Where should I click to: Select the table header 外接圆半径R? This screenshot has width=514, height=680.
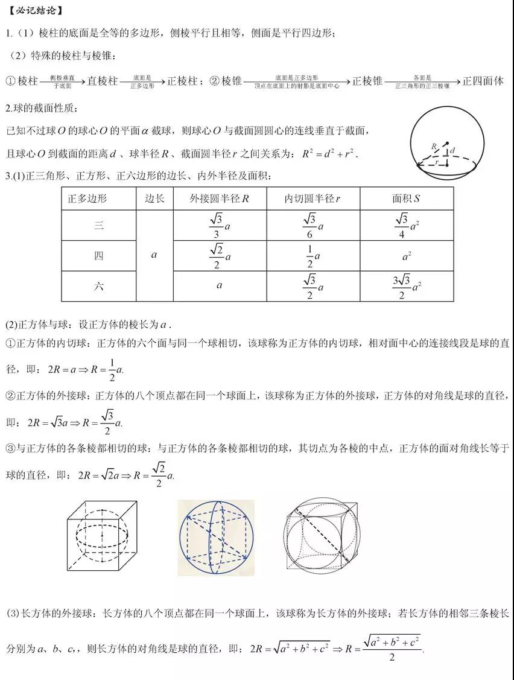[219, 198]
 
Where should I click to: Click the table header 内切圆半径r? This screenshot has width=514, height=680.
[313, 198]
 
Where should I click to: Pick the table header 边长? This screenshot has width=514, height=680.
[154, 198]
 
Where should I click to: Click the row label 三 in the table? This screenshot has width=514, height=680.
[99, 226]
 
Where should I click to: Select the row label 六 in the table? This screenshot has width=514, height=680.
[99, 286]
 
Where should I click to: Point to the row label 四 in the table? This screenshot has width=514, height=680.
[99, 255]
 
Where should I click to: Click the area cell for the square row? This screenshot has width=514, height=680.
[406, 256]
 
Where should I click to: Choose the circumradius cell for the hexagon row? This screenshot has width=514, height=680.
[220, 285]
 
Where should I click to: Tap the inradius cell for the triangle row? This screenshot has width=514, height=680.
[313, 226]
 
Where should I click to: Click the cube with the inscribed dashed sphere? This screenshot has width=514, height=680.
[104, 535]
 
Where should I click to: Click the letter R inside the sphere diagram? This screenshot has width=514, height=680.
[434, 147]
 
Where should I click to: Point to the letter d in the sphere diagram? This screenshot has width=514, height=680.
[452, 150]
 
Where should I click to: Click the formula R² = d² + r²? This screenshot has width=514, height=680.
[330, 154]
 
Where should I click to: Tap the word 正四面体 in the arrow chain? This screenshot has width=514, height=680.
[483, 81]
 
